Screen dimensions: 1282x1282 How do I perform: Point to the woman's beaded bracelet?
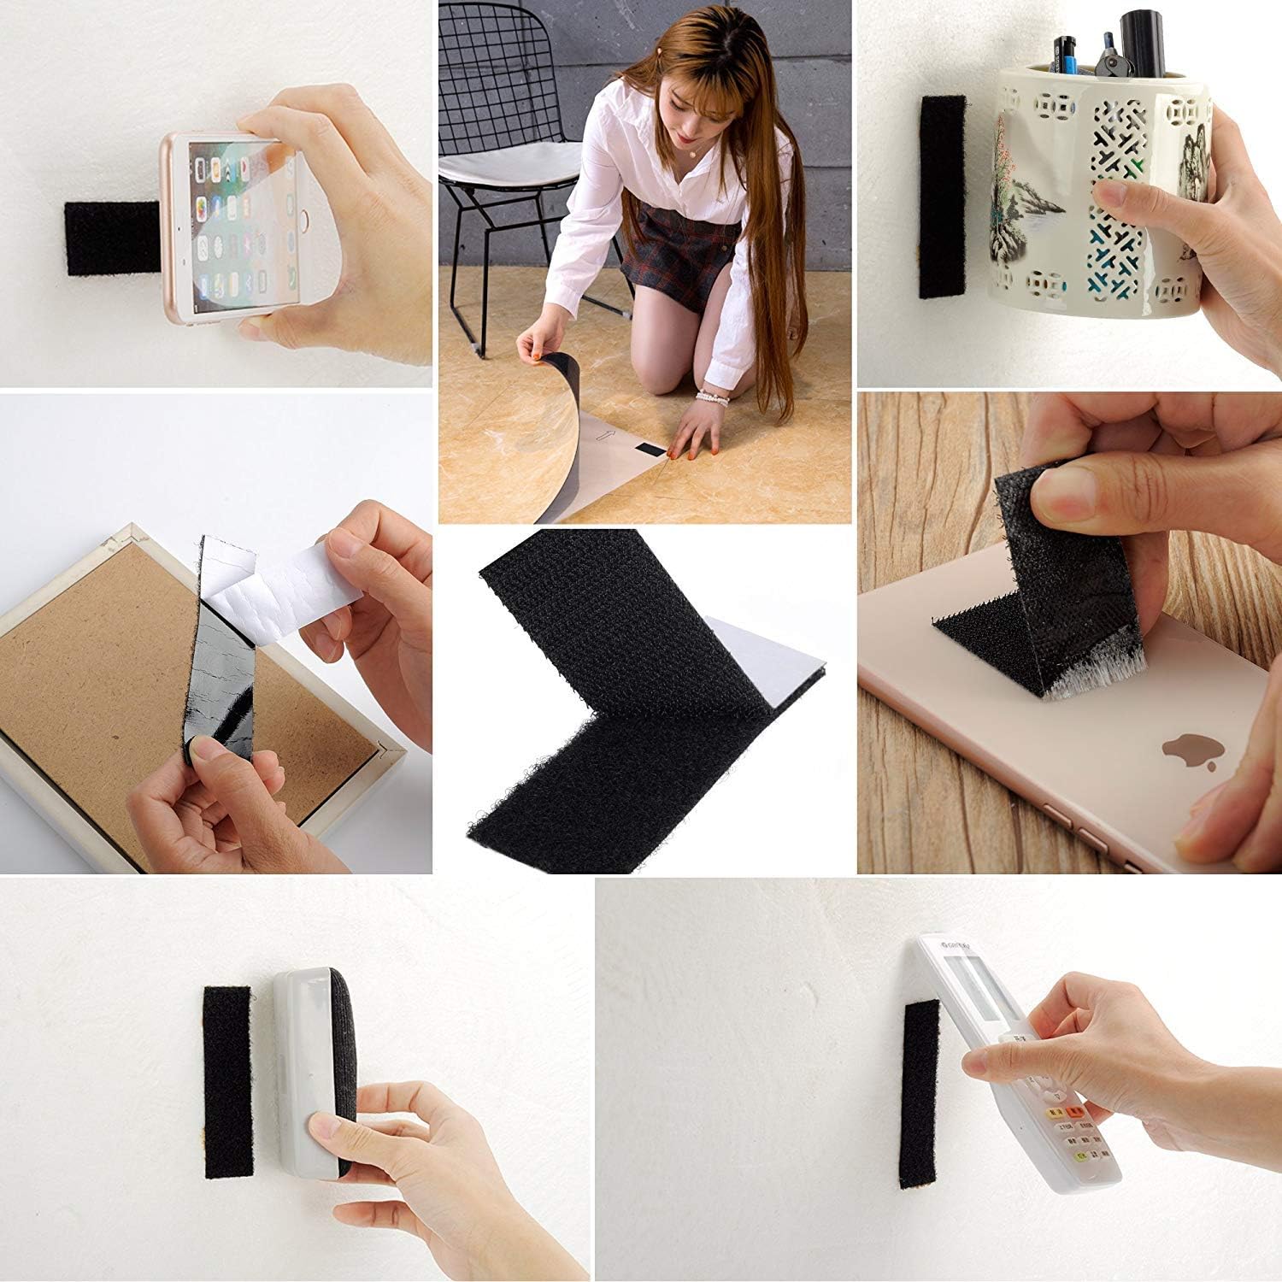click(711, 397)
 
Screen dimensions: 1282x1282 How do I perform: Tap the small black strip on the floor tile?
click(654, 448)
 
